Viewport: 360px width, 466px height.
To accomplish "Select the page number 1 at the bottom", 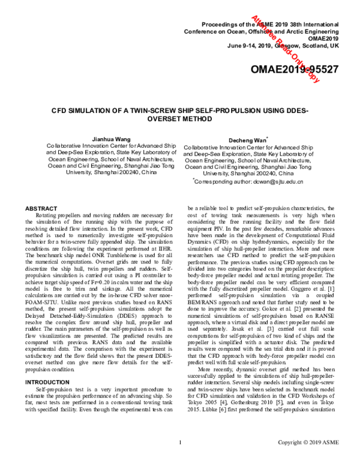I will coord(180,459).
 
